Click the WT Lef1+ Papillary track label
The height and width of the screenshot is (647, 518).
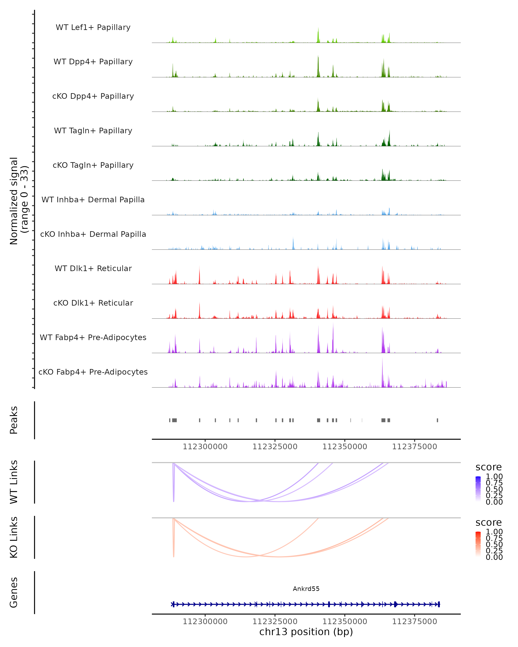93,27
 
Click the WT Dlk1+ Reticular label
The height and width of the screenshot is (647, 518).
93,268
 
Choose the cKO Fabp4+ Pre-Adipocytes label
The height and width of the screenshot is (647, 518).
93,372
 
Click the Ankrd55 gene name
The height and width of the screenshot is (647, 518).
306,589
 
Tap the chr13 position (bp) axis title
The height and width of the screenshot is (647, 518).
306,632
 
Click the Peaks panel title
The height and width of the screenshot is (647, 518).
14,420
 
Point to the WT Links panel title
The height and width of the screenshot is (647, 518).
14,482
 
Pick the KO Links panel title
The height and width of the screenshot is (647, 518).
14,537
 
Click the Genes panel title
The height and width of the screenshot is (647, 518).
14,592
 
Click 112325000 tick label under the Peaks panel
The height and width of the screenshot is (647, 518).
275,447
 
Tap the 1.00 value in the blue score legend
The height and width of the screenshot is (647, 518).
494,477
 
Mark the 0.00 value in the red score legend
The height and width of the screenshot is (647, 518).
494,557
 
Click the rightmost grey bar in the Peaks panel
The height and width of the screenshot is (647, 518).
437,420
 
